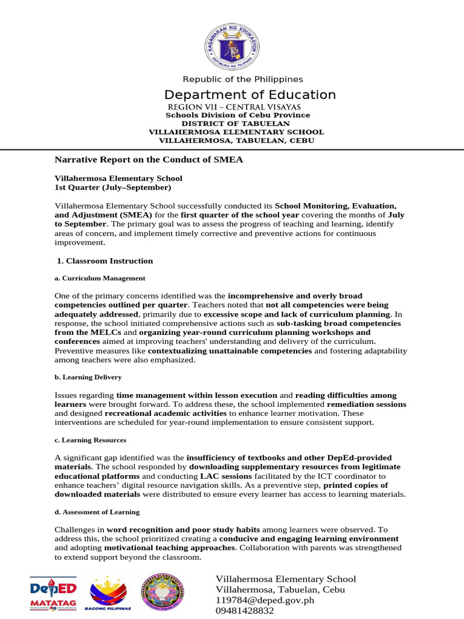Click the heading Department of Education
(250, 95)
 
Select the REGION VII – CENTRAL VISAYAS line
(233, 106)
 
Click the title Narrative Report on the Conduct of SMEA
(149, 160)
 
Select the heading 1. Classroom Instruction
(105, 261)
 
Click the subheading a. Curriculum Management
(100, 278)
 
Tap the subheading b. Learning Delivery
(88, 377)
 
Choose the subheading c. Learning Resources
(91, 440)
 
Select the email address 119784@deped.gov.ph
(265, 600)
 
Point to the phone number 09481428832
(246, 611)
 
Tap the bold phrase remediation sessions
(366, 404)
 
